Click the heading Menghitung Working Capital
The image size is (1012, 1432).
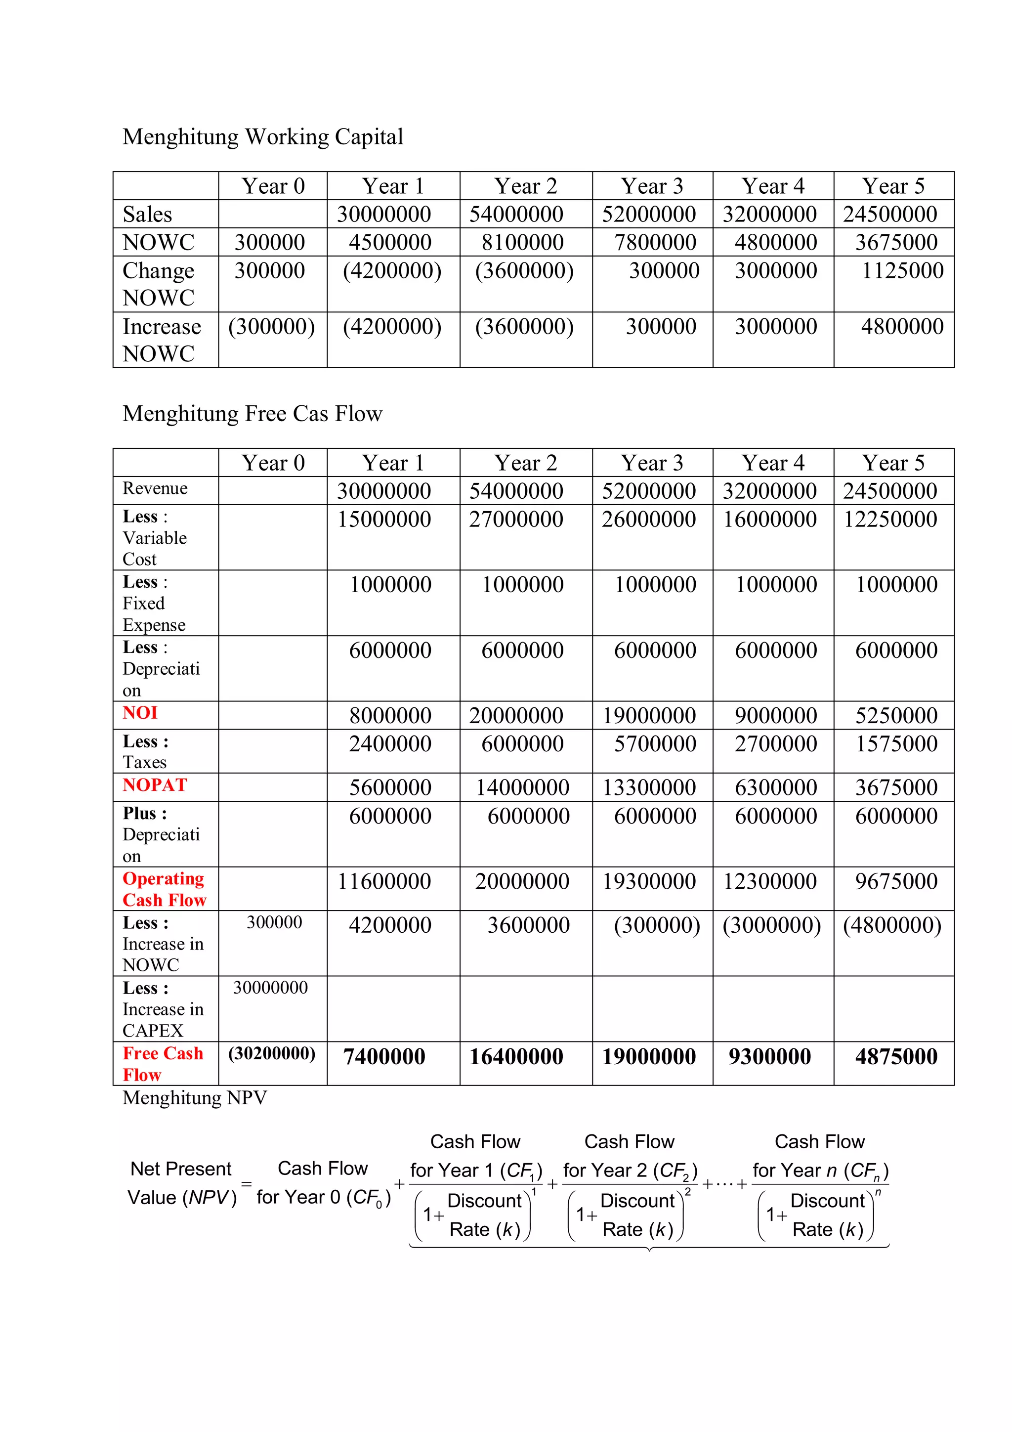coord(262,136)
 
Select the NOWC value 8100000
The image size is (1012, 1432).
coord(522,242)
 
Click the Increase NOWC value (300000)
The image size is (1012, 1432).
coord(271,326)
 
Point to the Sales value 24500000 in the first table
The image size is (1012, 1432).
coord(890,214)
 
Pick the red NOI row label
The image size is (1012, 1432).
coord(140,712)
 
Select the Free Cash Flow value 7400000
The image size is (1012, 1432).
coord(384,1056)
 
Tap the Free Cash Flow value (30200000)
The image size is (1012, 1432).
coord(271,1053)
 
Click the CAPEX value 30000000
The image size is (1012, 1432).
coord(270,987)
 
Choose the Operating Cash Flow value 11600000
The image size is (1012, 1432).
coord(384,881)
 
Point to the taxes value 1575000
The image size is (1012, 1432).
coord(896,743)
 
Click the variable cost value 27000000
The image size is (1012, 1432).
coord(516,519)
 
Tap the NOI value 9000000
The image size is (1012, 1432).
coord(776,715)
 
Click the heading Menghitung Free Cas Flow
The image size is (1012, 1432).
coord(252,414)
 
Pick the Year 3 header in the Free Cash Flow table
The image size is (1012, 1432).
coord(652,463)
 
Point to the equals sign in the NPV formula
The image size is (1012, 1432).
coord(246,1183)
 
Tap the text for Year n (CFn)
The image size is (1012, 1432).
coord(820,1171)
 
